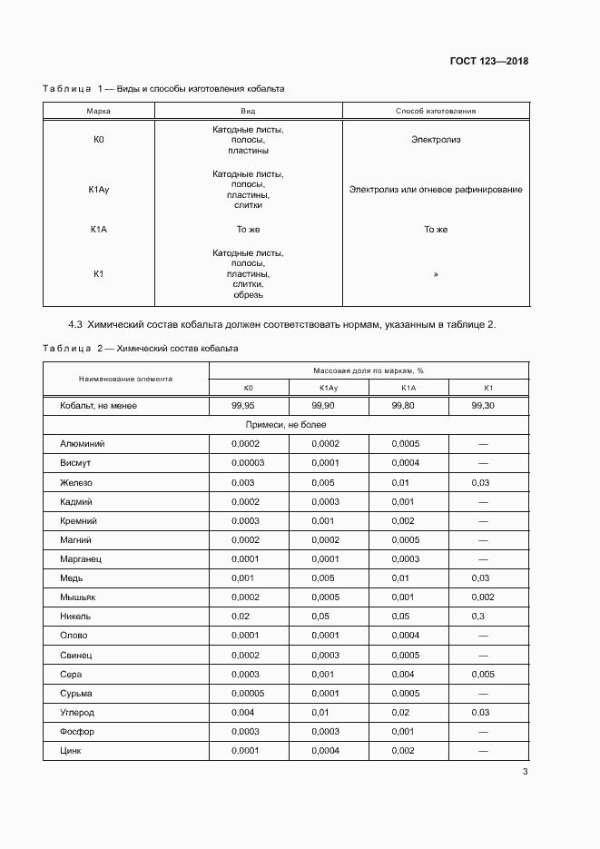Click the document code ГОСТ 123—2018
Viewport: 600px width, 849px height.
coord(489,62)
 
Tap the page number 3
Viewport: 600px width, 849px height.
coord(525,772)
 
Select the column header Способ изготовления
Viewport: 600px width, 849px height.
coord(436,111)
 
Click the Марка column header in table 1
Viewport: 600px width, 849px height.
coord(99,111)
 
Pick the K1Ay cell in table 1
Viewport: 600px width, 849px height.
coord(99,190)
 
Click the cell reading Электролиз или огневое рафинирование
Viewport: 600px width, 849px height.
coord(436,190)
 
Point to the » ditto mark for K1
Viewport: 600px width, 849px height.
coord(436,273)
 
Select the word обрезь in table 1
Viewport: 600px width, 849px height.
coord(248,294)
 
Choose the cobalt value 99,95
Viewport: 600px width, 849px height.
coord(242,406)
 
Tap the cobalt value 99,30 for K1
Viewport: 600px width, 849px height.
coord(483,406)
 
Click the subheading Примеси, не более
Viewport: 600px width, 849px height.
coord(286,425)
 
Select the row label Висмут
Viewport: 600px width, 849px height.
coord(75,463)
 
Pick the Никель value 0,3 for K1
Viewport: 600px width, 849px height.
coord(477,616)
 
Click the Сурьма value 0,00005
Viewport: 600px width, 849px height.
coord(248,693)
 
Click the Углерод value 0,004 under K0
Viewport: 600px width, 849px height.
coord(242,713)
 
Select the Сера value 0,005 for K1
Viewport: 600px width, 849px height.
coord(483,674)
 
